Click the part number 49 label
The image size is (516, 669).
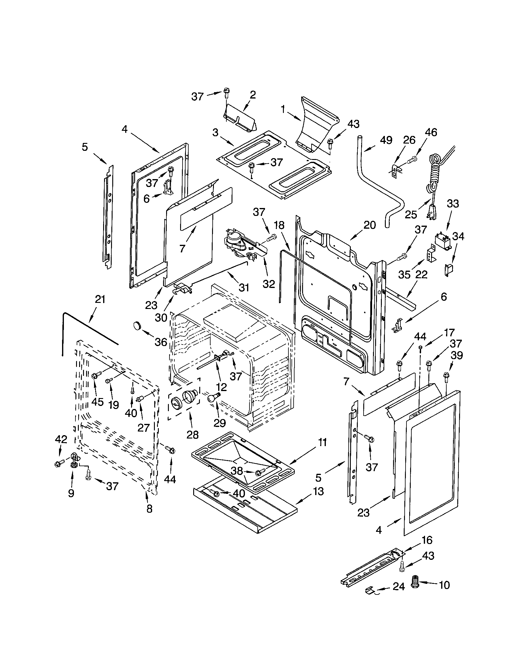click(x=386, y=140)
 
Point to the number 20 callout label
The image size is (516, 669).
click(x=370, y=225)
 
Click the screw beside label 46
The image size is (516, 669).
click(x=413, y=159)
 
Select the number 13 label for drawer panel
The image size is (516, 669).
click(x=318, y=491)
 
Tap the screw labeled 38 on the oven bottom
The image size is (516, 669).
click(x=261, y=473)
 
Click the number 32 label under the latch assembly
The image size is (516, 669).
click(x=269, y=284)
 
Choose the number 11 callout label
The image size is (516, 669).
click(x=322, y=442)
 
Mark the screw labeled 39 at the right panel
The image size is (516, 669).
click(x=446, y=375)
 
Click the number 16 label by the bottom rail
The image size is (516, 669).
click(x=427, y=540)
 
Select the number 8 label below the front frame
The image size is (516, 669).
click(x=149, y=508)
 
